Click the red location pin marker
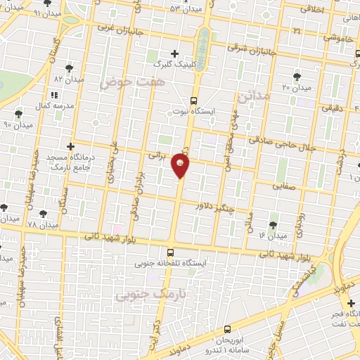pyautogui.click(x=181, y=166)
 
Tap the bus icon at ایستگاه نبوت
pyautogui.click(x=194, y=101)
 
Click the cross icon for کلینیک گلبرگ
pyautogui.click(x=175, y=53)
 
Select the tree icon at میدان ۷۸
pyautogui.click(x=43, y=213)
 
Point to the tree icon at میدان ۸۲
pyautogui.click(x=69, y=68)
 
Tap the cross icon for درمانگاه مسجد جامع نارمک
pyautogui.click(x=70, y=146)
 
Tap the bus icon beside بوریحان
pyautogui.click(x=226, y=329)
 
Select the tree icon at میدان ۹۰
pyautogui.click(x=19, y=113)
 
